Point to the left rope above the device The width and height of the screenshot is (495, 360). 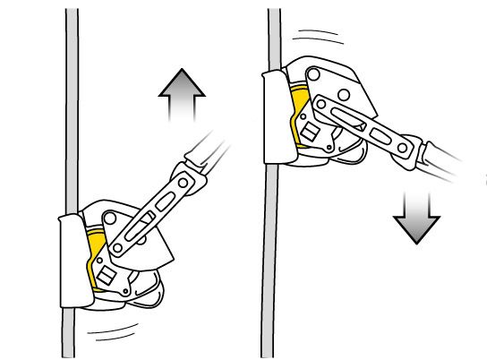(x=70, y=107)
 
